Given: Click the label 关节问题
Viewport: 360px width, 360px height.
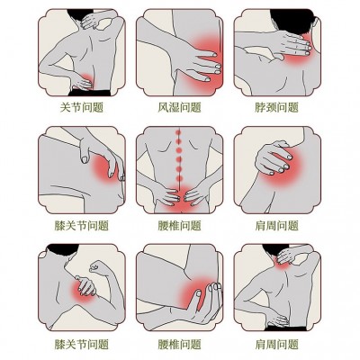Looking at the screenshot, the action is [82, 107].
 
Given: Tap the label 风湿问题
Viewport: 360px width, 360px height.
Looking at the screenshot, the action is [179, 107].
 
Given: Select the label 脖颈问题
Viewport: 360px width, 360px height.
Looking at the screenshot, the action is [276, 107].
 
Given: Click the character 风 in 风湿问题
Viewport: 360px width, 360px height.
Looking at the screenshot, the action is [163, 107].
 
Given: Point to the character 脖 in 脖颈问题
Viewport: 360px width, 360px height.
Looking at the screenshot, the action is [260, 107].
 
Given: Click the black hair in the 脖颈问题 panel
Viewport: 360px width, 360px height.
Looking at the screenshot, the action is [292, 21].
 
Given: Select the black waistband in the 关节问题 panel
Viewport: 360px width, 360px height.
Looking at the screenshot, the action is [90, 93].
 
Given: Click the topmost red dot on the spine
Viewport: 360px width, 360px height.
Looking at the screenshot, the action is [178, 131].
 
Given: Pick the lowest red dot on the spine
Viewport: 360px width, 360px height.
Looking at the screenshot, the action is [179, 179].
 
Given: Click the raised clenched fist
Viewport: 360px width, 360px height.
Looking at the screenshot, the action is [98, 266].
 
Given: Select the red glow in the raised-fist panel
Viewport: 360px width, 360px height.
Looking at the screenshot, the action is [84, 288].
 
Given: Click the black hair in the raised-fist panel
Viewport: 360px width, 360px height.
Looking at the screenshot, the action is [64, 249].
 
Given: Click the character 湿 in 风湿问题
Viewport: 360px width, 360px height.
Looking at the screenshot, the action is [174, 107].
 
